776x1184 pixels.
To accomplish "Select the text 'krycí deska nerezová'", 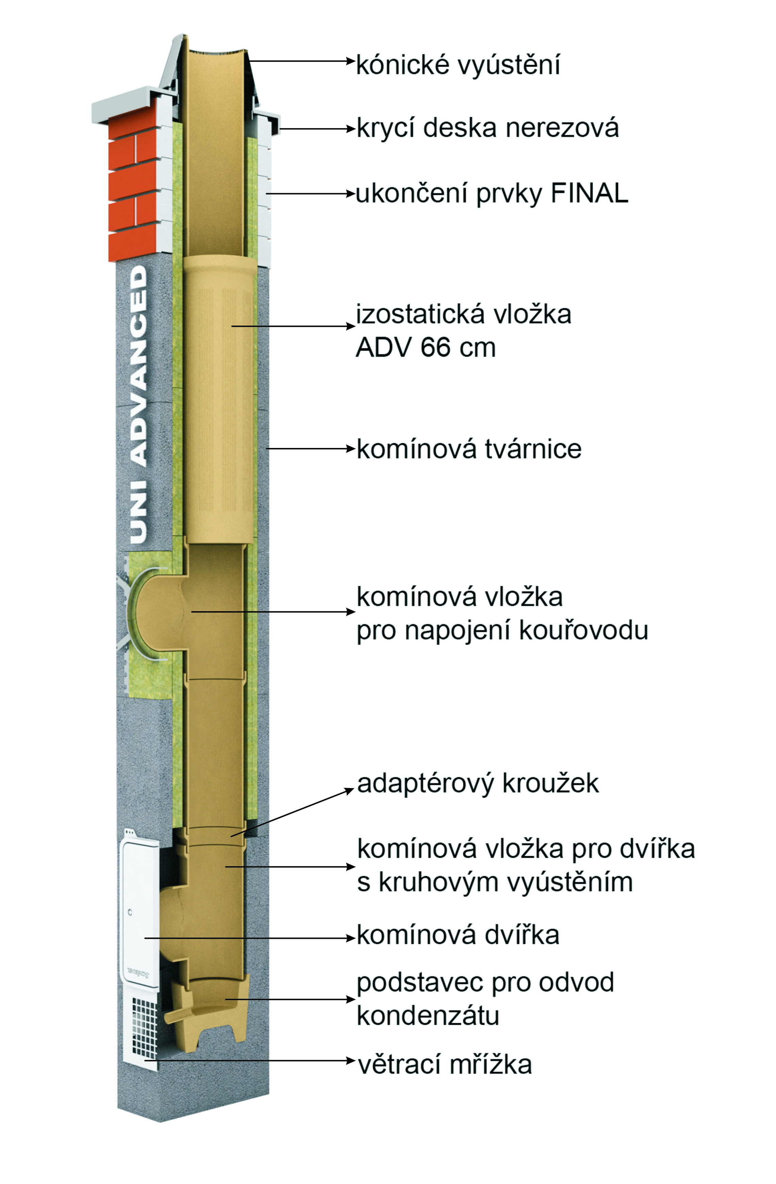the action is pos(488,128).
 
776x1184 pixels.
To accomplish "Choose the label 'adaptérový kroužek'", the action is pos(478,783).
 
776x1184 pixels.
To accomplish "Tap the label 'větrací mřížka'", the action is pos(445,1065).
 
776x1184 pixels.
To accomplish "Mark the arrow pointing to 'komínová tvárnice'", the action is pos(311,449).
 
